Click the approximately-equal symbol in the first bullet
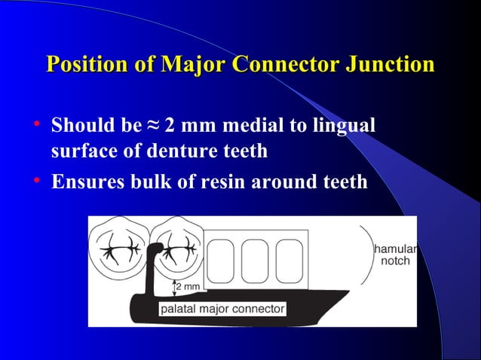pos(153,125)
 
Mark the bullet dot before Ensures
pos(38,182)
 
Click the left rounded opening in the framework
pos(220,261)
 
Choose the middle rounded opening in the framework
pos(255,261)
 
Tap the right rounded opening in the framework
pos(289,261)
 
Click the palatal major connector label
pos(222,309)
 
